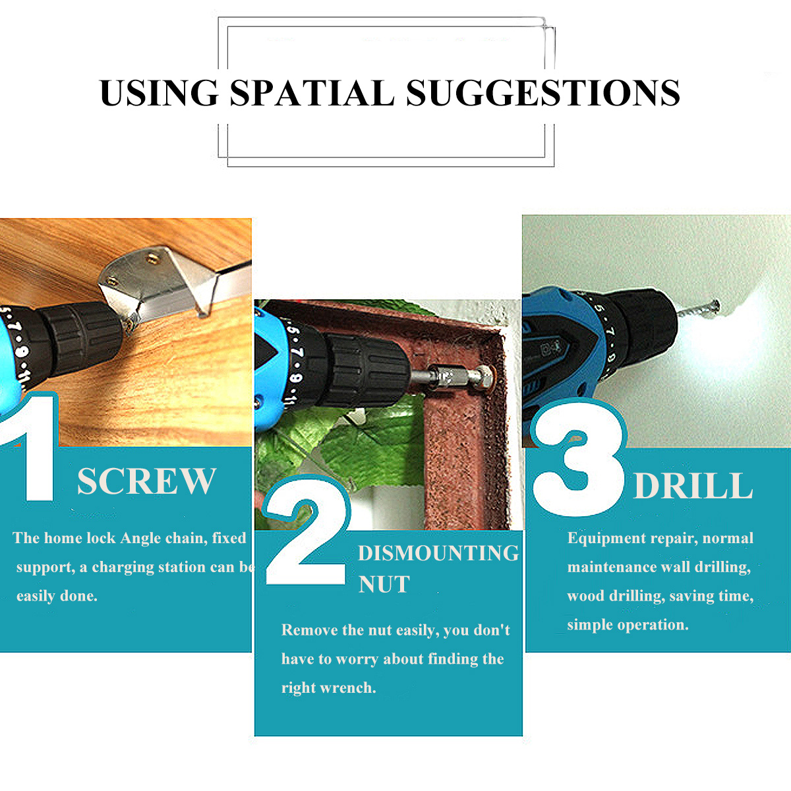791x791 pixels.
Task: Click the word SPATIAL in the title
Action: pos(312,93)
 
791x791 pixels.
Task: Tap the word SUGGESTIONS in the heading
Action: pos(542,93)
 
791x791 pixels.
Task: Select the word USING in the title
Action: pos(159,93)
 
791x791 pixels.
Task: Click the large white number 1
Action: pos(33,448)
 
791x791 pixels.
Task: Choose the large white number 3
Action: pos(579,459)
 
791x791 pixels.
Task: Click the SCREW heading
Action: pos(146,481)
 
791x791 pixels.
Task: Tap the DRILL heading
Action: pos(693,486)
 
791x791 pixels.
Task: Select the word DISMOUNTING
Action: pos(438,553)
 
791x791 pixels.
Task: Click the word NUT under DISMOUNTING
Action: pos(384,584)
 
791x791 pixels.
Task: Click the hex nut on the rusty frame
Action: pos(486,377)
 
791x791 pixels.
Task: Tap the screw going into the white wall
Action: pos(698,308)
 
